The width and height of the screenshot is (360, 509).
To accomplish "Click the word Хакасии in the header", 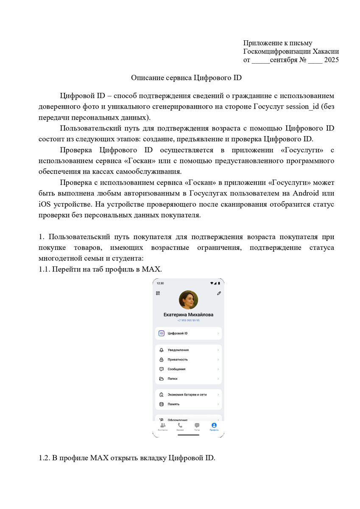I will (326, 51).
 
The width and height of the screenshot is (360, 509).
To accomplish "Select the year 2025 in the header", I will (331, 60).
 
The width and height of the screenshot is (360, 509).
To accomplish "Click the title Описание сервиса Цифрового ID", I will (186, 78).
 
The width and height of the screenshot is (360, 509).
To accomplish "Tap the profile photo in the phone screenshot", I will (188, 300).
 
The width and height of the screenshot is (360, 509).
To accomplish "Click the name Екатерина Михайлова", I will (188, 315).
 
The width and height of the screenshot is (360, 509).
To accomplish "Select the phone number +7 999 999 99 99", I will (188, 321).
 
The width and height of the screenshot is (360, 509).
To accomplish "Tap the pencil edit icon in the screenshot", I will (219, 293).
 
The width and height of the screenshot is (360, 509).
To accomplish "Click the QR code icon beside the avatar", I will (158, 293).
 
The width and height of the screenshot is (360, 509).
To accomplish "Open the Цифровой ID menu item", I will (188, 333).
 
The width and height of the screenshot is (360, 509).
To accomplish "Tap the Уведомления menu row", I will (188, 350).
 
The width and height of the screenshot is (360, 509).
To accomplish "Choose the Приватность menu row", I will (188, 359).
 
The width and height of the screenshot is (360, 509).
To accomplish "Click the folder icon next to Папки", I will (161, 378).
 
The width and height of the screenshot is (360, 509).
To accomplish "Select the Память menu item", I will (188, 404).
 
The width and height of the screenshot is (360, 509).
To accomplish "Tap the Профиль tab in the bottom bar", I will (214, 426).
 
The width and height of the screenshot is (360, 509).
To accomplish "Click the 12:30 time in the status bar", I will (160, 283).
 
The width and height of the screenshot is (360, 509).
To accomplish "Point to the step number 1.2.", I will (44, 458).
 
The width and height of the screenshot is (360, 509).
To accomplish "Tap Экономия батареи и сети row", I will (188, 394).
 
